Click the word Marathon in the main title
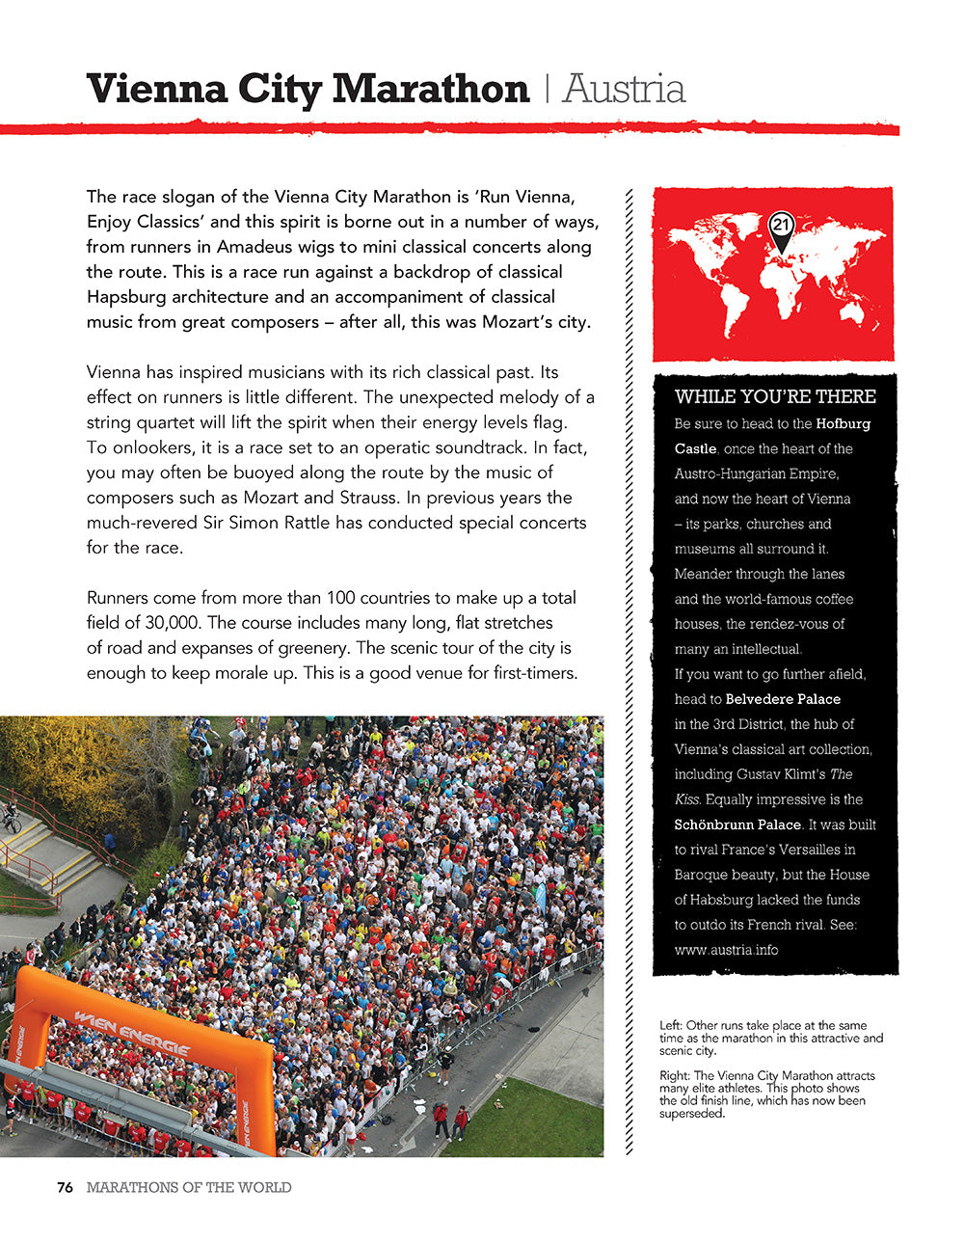tap(431, 90)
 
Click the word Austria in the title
tap(624, 90)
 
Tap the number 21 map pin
tap(781, 226)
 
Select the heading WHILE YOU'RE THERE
tap(775, 396)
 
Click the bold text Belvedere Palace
tap(783, 699)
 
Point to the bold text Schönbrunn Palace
tap(737, 824)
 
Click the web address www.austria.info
tap(726, 950)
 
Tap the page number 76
tap(66, 1187)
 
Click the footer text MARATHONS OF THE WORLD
tap(189, 1187)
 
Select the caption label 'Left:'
tap(671, 1025)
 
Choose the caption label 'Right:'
tap(675, 1075)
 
